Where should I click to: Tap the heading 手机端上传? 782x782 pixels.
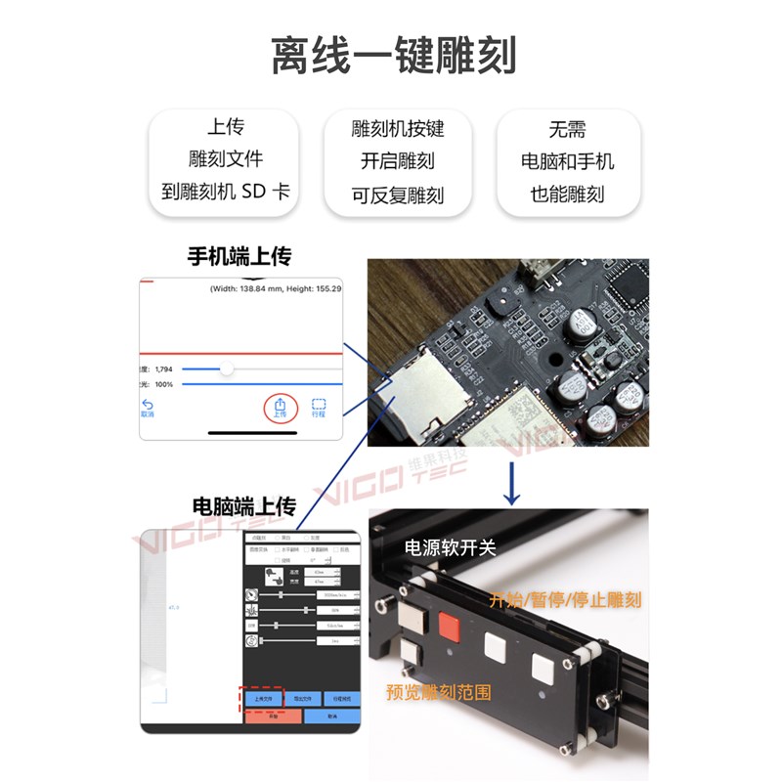(239, 256)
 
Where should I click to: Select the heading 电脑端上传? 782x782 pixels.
(243, 506)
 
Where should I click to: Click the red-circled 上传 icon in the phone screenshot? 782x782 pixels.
(281, 406)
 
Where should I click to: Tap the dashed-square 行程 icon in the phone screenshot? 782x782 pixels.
(319, 407)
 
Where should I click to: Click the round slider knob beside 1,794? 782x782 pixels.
(227, 369)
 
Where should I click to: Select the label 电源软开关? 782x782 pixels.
(451, 547)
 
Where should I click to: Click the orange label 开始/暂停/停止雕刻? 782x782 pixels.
(566, 599)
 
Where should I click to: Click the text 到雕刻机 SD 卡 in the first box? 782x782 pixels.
(226, 192)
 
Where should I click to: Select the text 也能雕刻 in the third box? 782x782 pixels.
(568, 194)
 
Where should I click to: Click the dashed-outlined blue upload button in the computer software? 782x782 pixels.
(261, 698)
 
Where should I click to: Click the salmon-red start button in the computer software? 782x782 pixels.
(273, 717)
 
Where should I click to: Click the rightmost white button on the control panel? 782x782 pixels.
(543, 669)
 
